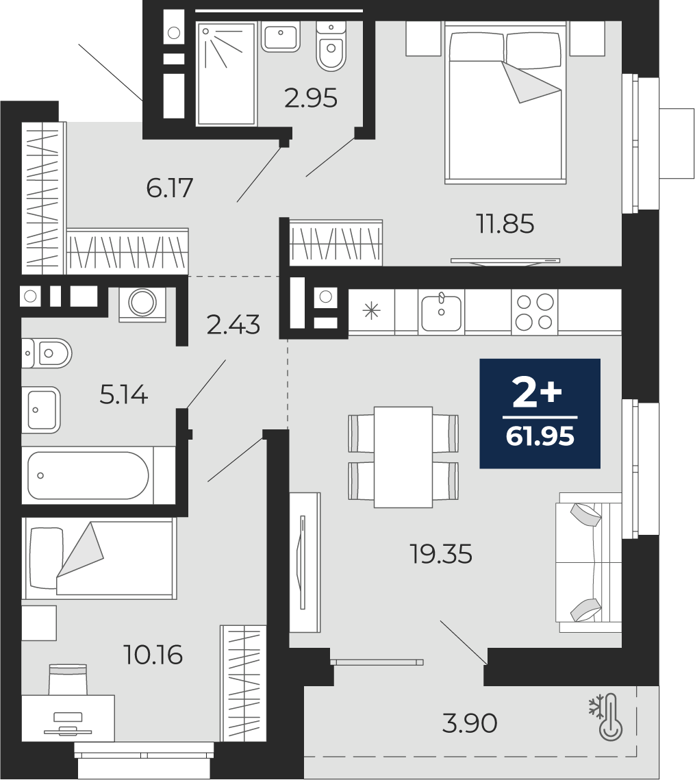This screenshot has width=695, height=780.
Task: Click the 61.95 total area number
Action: point(540,436)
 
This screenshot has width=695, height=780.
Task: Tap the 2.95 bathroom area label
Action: point(311,98)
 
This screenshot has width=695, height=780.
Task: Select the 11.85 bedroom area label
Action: point(505,224)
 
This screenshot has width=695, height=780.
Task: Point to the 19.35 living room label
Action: point(441,553)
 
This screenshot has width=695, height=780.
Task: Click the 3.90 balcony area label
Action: point(470,722)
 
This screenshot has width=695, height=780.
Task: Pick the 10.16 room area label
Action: point(153,655)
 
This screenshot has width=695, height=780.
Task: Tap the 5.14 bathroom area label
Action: point(124,395)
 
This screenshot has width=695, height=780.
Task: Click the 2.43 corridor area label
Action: point(233,325)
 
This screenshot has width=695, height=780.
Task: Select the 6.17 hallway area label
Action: point(170,188)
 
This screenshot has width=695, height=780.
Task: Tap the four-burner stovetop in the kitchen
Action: point(534,312)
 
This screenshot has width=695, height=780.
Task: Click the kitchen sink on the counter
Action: point(441,312)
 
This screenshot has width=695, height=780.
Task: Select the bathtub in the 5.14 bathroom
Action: point(88,475)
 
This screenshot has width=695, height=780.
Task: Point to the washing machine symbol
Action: point(143,301)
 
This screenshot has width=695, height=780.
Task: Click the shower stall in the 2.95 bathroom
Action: point(226,73)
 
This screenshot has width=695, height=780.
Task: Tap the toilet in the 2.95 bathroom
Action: point(331,47)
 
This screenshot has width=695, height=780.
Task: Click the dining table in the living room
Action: point(403,457)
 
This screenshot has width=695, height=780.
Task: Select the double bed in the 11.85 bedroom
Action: point(505,103)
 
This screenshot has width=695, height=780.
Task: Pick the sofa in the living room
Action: point(590,562)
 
